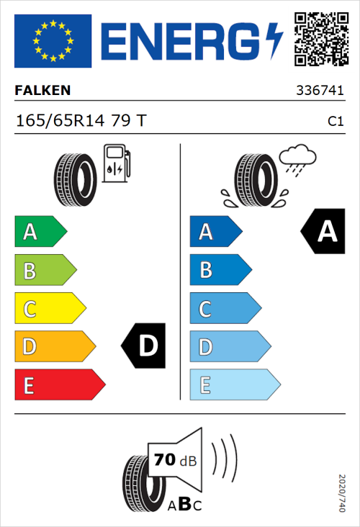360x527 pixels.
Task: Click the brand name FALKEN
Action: pyautogui.click(x=43, y=91)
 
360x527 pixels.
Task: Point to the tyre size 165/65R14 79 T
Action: pyautogui.click(x=81, y=121)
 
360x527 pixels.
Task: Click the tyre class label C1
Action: pyautogui.click(x=335, y=122)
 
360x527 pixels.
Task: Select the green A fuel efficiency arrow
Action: pyautogui.click(x=40, y=232)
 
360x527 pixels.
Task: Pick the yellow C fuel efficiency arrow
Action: pyautogui.click(x=50, y=309)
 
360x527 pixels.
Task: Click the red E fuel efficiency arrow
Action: pyautogui.click(x=59, y=385)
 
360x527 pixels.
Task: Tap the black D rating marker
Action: pyautogui.click(x=144, y=346)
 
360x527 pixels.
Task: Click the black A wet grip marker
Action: pyautogui.click(x=324, y=231)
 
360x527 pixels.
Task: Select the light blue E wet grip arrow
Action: pyautogui.click(x=234, y=385)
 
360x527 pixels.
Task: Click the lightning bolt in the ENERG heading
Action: pyautogui.click(x=275, y=40)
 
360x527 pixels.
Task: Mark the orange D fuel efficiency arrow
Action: pyautogui.click(x=55, y=347)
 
